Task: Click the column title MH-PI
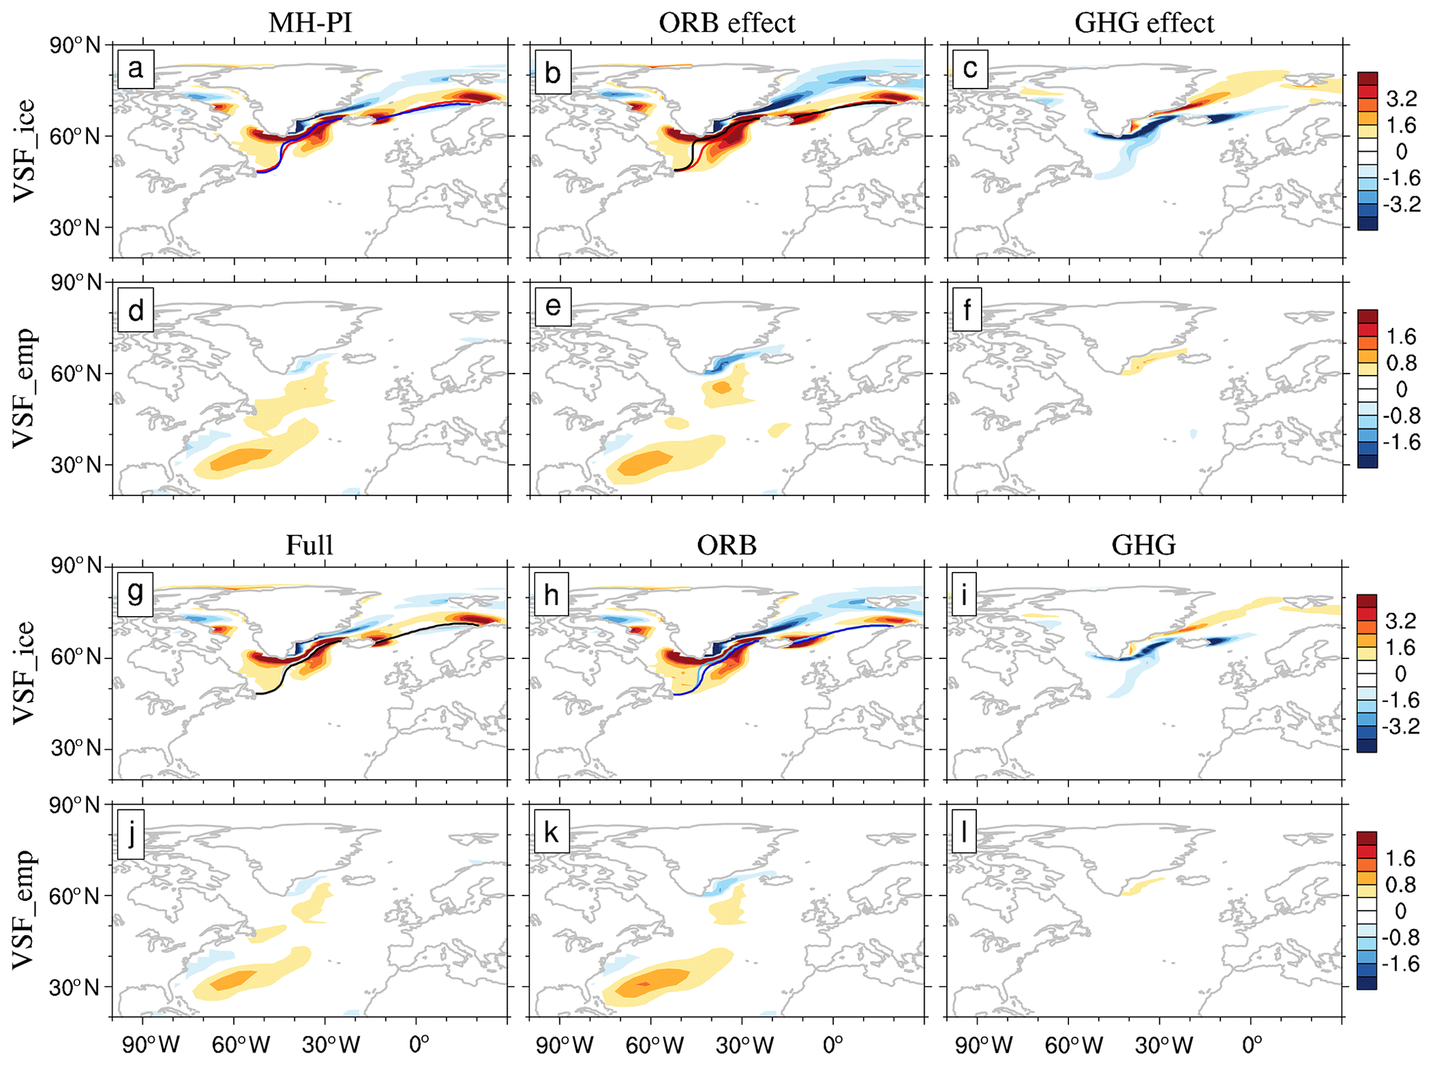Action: click(x=310, y=23)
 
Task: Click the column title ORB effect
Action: click(x=727, y=23)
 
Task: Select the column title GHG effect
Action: click(x=1144, y=23)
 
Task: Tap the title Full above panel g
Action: click(x=309, y=545)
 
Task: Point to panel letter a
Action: click(x=136, y=69)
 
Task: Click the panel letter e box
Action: click(x=553, y=307)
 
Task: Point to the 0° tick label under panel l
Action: click(x=1251, y=1045)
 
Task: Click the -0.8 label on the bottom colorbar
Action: click(x=1400, y=938)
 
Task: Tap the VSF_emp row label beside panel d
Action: click(x=25, y=388)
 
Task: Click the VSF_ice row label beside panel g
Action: click(x=25, y=672)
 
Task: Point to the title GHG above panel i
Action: click(x=1144, y=545)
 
